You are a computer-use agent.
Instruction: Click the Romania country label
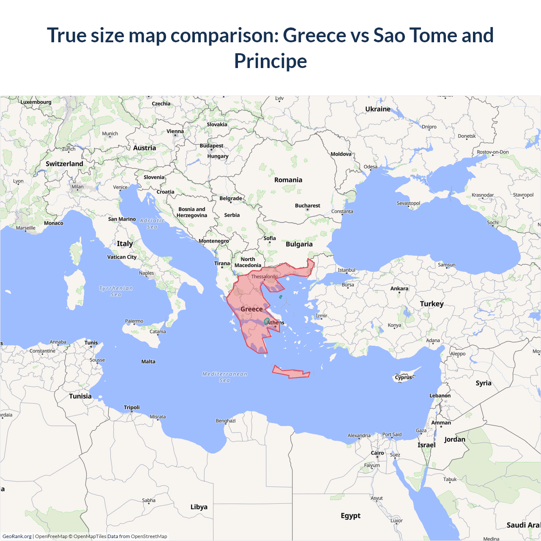288,180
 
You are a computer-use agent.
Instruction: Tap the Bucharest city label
307,206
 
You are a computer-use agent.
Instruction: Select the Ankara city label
399,289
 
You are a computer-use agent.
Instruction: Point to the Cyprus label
403,377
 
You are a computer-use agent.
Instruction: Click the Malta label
148,362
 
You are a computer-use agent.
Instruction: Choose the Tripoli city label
131,407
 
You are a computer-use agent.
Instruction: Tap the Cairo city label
377,453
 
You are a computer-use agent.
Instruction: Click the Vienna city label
175,131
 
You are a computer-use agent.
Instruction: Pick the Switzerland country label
64,164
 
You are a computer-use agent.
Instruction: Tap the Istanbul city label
347,270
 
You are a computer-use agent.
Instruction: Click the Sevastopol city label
408,203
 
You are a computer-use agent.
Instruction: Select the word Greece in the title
314,35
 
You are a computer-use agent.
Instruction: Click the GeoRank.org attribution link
17,536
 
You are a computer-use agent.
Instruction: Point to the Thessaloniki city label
265,277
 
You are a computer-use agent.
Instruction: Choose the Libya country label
199,507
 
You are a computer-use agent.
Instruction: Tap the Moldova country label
341,154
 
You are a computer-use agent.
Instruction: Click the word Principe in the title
270,61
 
